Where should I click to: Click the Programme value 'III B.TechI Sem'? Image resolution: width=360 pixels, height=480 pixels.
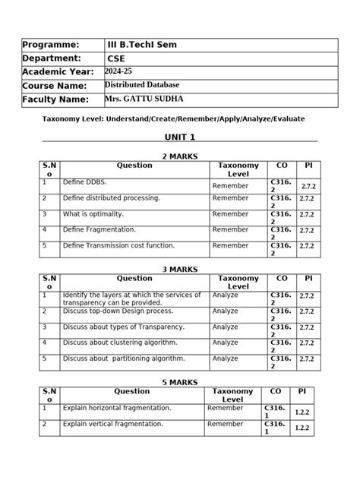142,45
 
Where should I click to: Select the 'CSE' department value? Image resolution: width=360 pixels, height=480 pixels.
117,58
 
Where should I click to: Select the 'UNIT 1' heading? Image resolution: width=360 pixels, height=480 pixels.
180,137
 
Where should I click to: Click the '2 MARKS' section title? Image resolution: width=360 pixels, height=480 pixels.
179,156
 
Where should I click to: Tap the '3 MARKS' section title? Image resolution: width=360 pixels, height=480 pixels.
180,270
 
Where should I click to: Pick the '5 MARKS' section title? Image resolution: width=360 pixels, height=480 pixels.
179,382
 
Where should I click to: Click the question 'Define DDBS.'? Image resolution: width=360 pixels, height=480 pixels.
84,182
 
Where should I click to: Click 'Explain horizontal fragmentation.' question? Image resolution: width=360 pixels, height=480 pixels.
117,408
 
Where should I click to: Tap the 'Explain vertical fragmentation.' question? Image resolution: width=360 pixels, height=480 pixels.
112,424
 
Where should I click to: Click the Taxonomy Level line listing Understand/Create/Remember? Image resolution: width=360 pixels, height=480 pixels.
178,119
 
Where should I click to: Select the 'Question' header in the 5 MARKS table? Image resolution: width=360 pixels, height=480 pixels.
131,391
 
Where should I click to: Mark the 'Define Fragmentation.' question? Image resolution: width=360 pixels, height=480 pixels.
99,229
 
